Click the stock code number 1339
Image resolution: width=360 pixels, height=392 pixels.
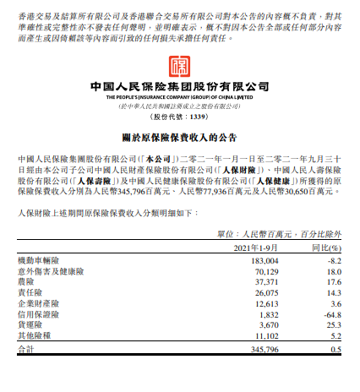[x=194, y=118]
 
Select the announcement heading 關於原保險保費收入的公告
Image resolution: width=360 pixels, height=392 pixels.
[x=179, y=139]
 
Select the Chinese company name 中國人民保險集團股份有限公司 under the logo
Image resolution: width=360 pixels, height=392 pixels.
[x=179, y=87]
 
